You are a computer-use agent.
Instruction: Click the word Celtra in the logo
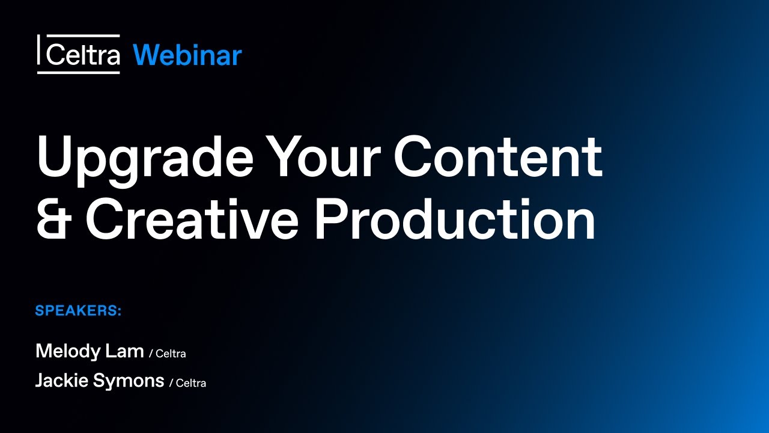[82, 55]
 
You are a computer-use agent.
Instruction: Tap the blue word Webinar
[187, 55]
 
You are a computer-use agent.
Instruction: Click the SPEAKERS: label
[78, 311]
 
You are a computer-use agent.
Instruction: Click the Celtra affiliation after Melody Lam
[171, 354]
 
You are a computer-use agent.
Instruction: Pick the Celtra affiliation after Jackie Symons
[191, 383]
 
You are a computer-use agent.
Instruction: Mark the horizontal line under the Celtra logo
[78, 73]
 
